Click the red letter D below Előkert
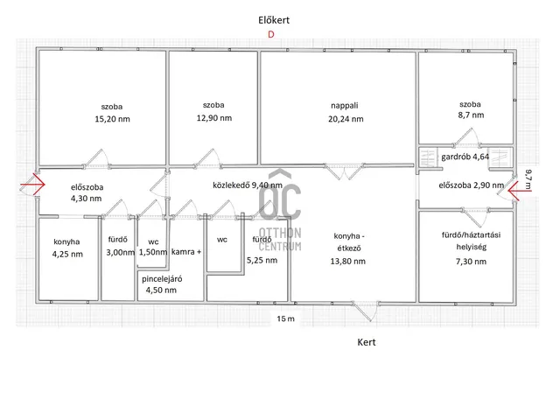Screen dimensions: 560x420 [271, 34]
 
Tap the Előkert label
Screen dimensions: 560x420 [274, 20]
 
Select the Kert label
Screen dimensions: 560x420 [367, 342]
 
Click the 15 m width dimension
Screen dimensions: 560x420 [286, 318]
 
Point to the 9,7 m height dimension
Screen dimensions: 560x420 [528, 179]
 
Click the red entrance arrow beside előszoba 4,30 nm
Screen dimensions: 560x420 [32, 185]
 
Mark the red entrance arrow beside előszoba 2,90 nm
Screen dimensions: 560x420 [519, 191]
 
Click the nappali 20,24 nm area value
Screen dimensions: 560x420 [346, 119]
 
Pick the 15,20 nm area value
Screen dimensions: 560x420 [112, 119]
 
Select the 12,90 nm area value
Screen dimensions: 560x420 [213, 118]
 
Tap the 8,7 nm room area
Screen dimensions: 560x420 [471, 115]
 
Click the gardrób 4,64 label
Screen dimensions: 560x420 [465, 157]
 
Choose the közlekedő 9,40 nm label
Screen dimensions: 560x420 [248, 185]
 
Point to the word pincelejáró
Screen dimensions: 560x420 [162, 279]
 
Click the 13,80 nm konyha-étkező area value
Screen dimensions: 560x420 [348, 261]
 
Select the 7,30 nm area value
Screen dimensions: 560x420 [471, 262]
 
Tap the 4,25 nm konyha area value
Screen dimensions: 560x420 [67, 255]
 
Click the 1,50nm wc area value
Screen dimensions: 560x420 [153, 252]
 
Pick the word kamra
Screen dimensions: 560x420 [183, 252]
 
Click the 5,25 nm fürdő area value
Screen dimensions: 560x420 [262, 261]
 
